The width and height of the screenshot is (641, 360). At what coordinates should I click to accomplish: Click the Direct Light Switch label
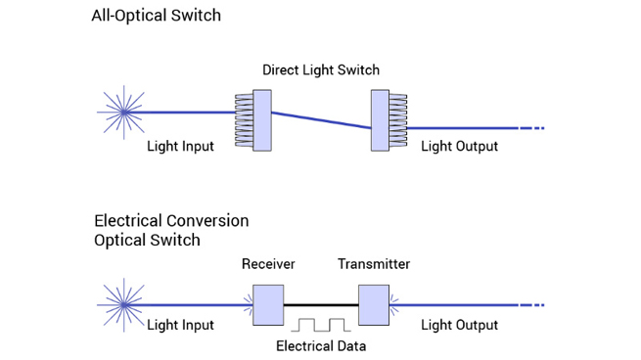[320, 70]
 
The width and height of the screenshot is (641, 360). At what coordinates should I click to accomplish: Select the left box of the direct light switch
[261, 120]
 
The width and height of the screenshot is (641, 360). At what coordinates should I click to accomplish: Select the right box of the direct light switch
[380, 120]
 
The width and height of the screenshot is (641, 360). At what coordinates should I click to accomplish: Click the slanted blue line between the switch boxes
[320, 119]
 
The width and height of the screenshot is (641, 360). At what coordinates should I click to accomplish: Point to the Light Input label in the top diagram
[180, 147]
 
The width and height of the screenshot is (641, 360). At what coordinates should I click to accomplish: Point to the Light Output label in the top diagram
[459, 147]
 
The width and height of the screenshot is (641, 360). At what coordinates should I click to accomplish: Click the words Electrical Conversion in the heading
[171, 221]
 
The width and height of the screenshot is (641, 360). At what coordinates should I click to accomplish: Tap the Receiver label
[268, 264]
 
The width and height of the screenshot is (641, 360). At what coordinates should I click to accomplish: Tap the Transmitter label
[374, 264]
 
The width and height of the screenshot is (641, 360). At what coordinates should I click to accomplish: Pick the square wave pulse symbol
[320, 324]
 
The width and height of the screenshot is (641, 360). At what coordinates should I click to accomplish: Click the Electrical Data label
[320, 345]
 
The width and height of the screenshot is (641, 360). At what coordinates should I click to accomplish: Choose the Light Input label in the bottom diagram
[180, 325]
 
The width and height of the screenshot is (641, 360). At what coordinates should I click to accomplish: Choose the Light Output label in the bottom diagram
[459, 325]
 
